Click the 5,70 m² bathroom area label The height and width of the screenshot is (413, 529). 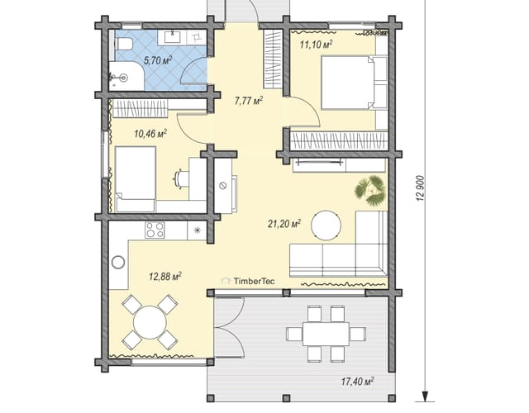158,60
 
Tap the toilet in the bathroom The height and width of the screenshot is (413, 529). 123,44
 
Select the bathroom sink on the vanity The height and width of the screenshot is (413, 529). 173,36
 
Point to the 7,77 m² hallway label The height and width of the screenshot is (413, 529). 248,101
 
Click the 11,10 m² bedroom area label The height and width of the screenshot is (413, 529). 316,44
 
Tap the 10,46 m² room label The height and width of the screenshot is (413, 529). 150,134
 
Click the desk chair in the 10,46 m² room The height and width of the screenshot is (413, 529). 180,178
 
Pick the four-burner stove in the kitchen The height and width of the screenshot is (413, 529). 155,230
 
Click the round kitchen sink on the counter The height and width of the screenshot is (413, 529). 118,262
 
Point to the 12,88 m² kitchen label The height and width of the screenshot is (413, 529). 165,277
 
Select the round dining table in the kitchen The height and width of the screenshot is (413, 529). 150,322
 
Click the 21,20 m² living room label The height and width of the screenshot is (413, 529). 284,223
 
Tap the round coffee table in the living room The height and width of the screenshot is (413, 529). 326,225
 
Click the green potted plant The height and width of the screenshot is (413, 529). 370,191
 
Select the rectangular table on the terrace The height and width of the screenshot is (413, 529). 326,334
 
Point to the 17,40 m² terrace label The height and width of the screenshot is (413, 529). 357,382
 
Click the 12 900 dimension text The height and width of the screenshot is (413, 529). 421,189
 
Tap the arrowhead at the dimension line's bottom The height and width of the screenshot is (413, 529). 425,396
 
